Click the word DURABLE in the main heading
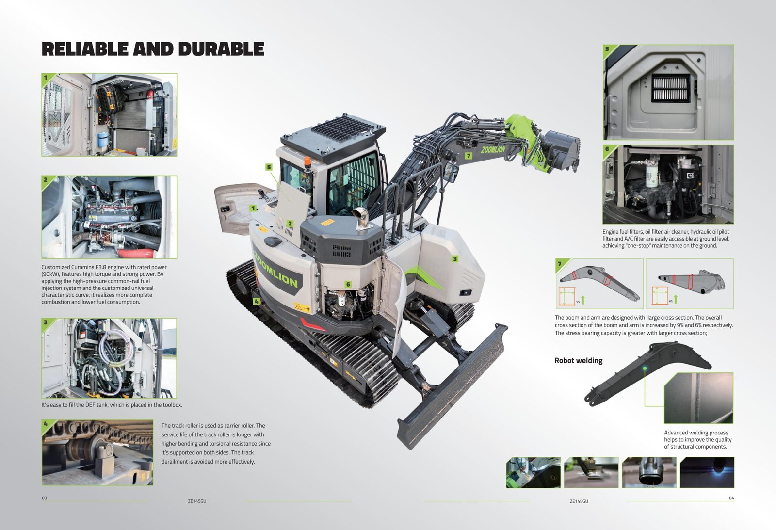coord(221,49)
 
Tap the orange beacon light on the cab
coord(307,161)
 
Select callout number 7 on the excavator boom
coord(469,156)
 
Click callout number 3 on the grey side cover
coord(455,259)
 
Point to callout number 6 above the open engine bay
coord(348,285)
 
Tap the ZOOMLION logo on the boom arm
coord(493,150)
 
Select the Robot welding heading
coord(578,361)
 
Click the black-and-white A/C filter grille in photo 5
coord(670,88)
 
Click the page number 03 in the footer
coord(44,498)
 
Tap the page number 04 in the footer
coord(731,498)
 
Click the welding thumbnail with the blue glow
coord(707,472)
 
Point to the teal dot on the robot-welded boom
coord(645,368)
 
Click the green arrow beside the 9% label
coord(583,300)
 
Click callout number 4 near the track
coord(256,302)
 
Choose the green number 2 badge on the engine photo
coord(46,180)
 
